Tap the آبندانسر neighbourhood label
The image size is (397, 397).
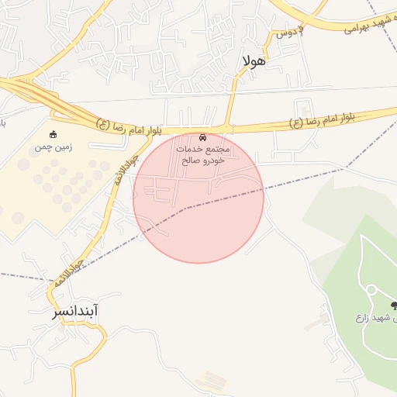(75, 312)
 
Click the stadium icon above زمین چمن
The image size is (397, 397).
(53, 134)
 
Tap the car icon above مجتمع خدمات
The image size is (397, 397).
(202, 136)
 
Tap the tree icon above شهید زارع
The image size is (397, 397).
(395, 305)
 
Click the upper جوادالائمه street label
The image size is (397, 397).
(128, 165)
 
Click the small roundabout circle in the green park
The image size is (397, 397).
(371, 290)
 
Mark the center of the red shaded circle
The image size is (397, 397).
(198, 198)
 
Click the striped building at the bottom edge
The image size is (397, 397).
(211, 381)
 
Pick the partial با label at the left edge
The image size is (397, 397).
(2, 123)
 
